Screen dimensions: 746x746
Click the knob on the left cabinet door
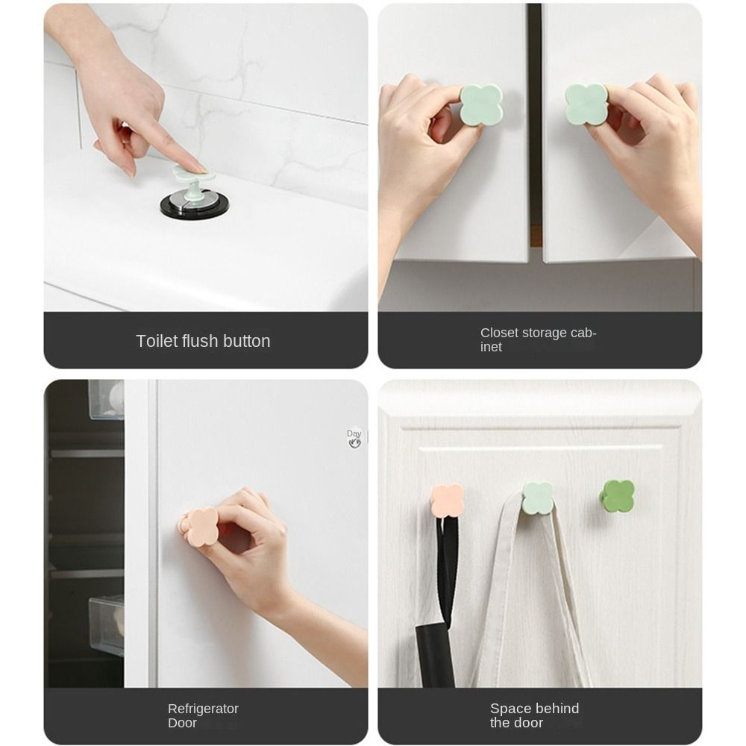[x=480, y=105]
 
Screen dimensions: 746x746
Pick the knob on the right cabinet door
[x=586, y=104]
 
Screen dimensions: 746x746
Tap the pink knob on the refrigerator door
[x=201, y=527]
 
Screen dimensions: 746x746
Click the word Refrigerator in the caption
[x=203, y=709]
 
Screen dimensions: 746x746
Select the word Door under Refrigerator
[x=182, y=723]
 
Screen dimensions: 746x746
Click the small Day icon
[x=354, y=438]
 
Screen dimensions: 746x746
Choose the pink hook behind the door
[x=447, y=501]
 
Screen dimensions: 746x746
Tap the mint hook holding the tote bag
[x=537, y=498]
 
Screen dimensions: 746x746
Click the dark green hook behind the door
[x=618, y=496]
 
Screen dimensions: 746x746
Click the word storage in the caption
[x=547, y=333]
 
